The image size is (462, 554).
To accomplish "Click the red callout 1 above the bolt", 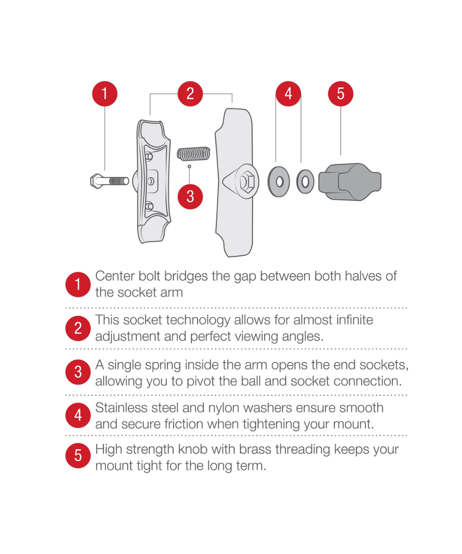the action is [104, 94].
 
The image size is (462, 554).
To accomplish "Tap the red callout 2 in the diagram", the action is [190, 94].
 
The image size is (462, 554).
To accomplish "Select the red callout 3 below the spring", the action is [190, 197].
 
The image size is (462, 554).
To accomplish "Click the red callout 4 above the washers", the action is [288, 94].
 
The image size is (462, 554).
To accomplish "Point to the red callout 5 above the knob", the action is [340, 94].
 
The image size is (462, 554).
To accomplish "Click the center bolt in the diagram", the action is [109, 181].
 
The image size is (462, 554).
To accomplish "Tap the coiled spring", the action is [194, 154].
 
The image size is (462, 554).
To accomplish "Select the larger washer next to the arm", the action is [279, 182].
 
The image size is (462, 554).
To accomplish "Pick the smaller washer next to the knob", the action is [305, 182].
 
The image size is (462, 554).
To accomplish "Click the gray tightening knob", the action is [350, 182].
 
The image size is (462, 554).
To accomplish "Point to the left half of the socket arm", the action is [152, 181].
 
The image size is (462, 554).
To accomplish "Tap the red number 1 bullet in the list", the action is [78, 284].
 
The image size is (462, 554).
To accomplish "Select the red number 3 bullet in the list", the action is [78, 372].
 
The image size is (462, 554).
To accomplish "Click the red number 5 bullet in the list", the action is [78, 456].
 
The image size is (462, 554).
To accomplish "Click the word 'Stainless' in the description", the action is [122, 408].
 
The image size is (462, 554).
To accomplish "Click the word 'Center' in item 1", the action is [115, 276].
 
